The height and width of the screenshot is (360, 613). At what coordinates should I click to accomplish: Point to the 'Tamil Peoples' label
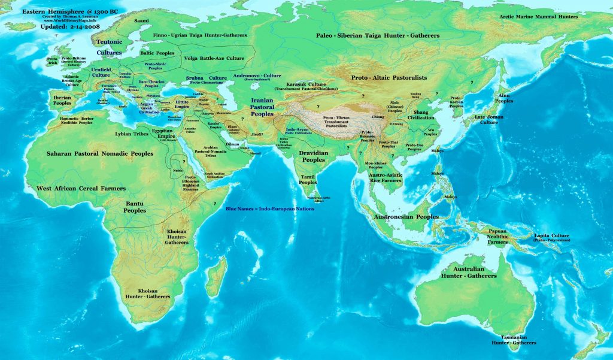[x=308, y=179]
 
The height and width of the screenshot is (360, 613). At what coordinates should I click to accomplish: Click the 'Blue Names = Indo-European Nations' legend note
[x=270, y=208]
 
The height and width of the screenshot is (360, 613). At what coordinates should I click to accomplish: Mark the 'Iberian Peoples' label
[x=62, y=100]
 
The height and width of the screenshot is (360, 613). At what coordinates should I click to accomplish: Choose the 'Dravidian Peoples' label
[x=312, y=156]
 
